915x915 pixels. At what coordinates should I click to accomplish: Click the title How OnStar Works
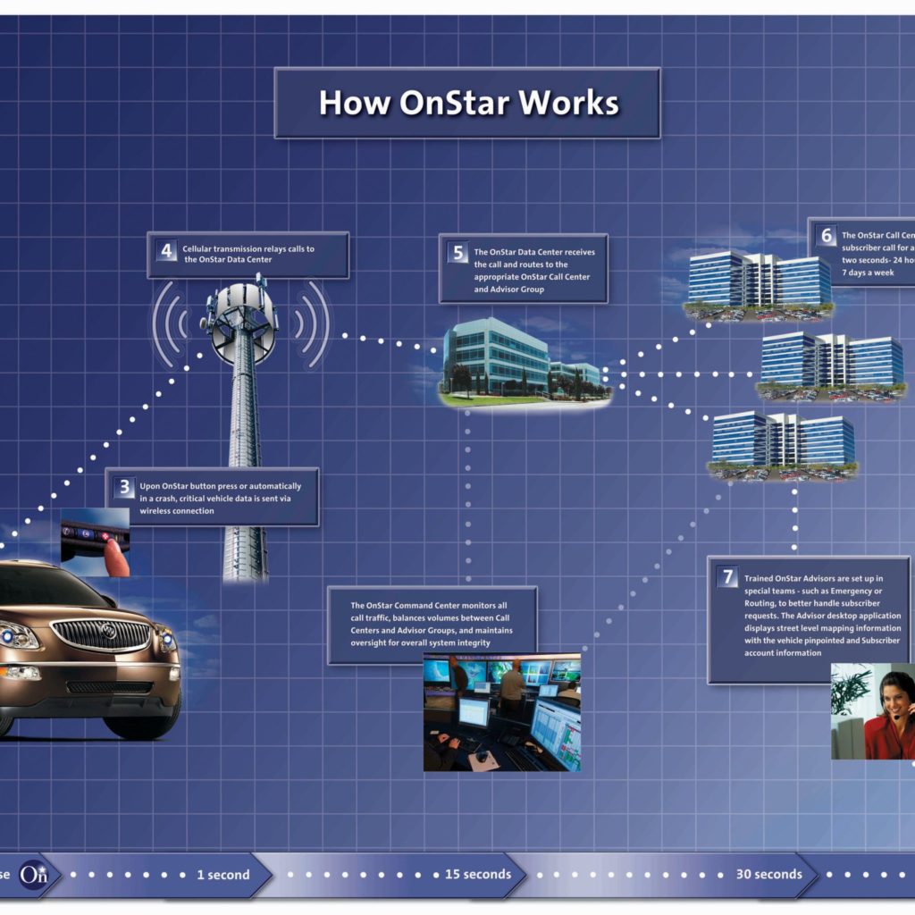click(x=467, y=103)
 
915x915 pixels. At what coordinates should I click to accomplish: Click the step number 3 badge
click(x=125, y=487)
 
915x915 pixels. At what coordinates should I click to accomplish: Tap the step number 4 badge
click(x=167, y=250)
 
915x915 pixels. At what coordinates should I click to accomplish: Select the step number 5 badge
click(x=458, y=253)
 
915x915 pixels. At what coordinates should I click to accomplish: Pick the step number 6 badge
click(x=827, y=236)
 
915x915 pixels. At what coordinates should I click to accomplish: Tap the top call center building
click(x=760, y=281)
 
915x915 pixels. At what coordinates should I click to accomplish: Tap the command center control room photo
click(x=501, y=711)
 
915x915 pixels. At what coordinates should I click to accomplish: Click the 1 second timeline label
click(x=222, y=875)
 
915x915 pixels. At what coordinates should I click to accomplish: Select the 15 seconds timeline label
click(x=478, y=874)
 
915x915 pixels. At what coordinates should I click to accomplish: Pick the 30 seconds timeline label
click(x=768, y=874)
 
